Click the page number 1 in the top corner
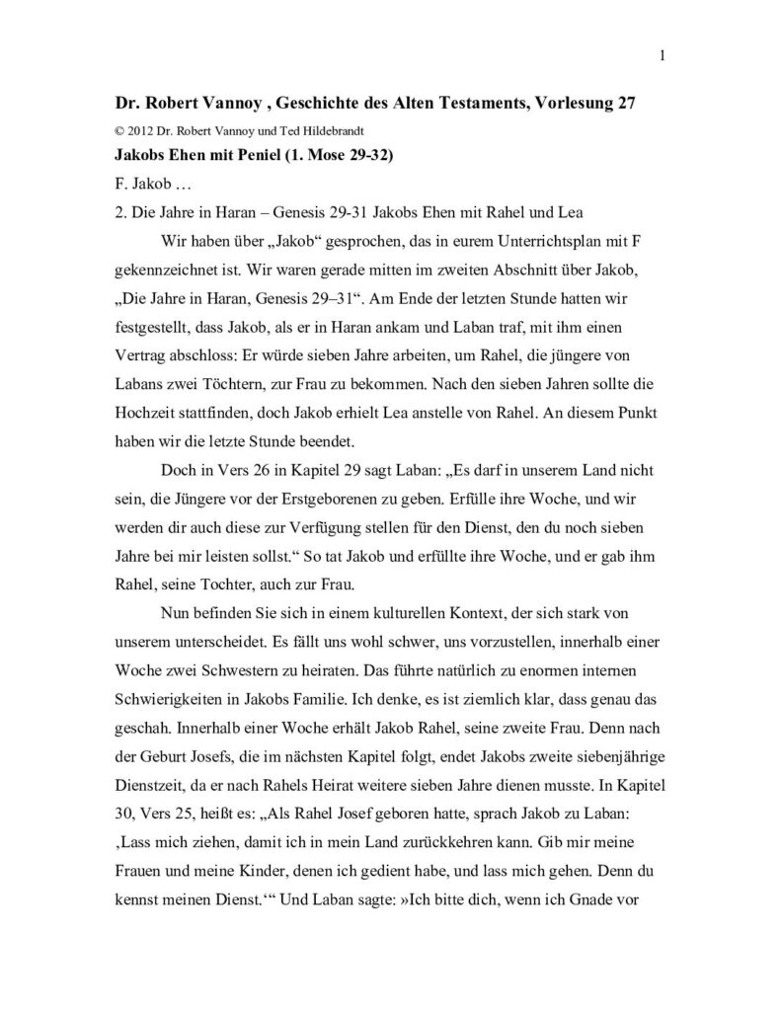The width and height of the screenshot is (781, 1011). click(x=663, y=55)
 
